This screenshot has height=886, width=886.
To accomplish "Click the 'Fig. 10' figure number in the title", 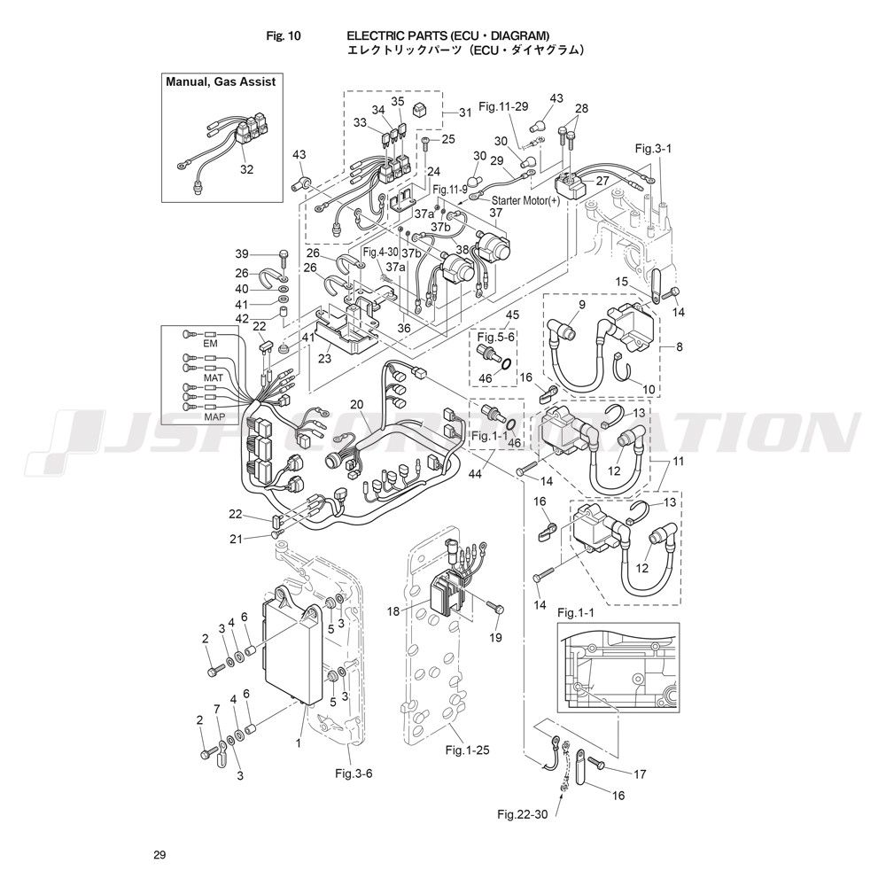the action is (284, 36).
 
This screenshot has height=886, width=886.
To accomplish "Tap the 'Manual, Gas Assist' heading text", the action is (221, 82).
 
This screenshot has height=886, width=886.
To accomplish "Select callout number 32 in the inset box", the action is (247, 169).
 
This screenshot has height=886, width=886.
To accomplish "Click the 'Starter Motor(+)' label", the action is (525, 200).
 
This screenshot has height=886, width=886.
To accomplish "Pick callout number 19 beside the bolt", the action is (495, 638).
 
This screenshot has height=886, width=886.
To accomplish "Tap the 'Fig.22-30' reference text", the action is (522, 814).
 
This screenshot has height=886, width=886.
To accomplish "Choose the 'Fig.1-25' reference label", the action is (467, 750).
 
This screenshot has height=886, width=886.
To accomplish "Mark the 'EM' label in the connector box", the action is (210, 344).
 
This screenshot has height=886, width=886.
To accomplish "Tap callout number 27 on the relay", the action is (602, 181).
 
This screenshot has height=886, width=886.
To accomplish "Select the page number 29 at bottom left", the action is (159, 855).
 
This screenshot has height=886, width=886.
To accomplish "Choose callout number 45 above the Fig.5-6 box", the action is (512, 315).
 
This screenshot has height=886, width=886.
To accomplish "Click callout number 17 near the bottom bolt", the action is (640, 774).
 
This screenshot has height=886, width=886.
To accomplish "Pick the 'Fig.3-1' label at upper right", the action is (654, 149).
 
